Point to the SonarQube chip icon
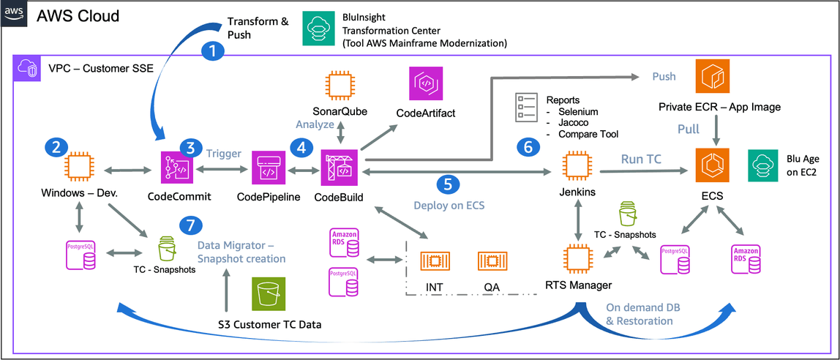(x=338, y=86)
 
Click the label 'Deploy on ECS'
(x=449, y=205)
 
